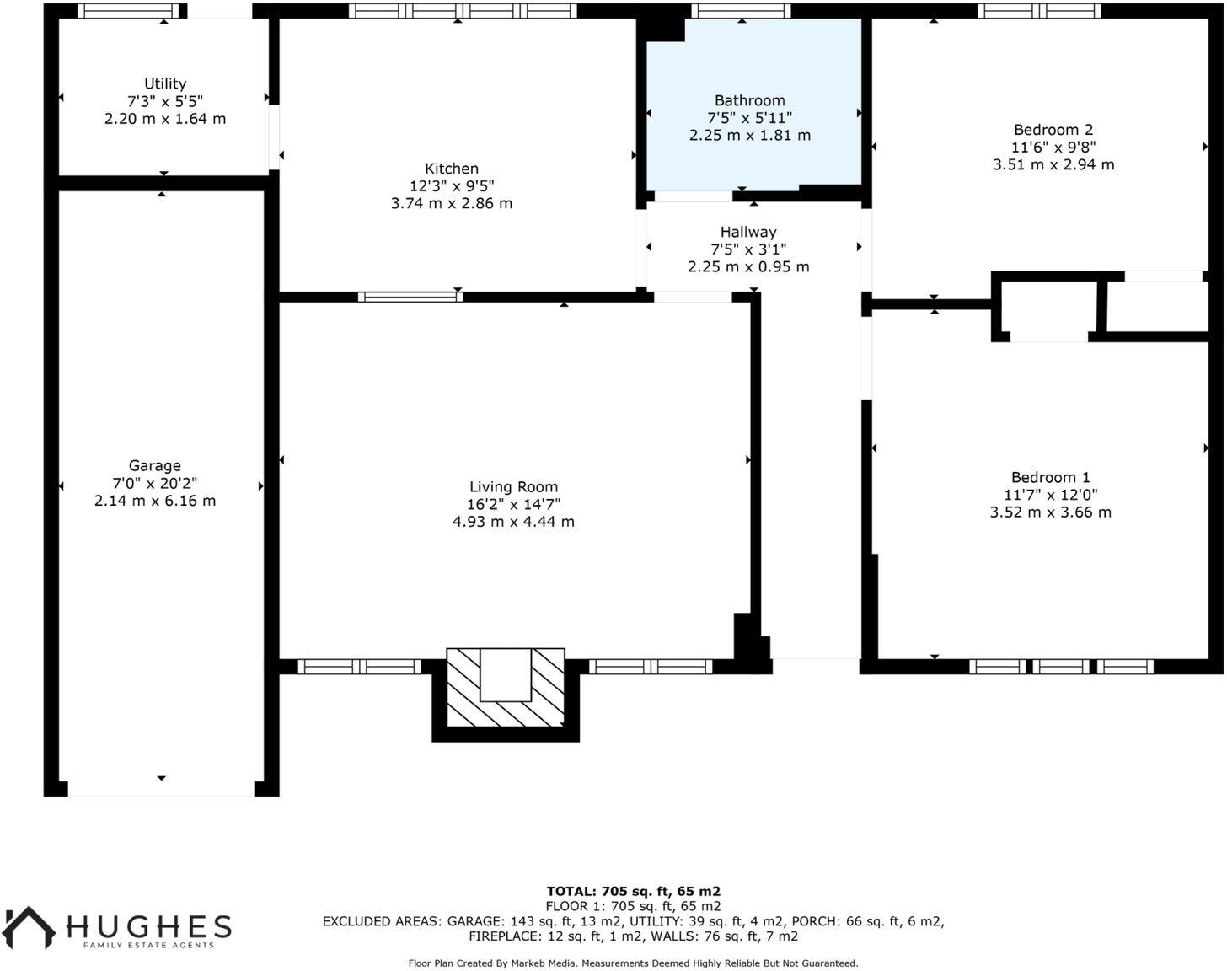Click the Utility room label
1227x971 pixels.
[x=165, y=83]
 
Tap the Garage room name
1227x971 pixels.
[x=155, y=465]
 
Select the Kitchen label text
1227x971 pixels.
[x=452, y=169]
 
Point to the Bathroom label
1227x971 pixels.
[x=749, y=100]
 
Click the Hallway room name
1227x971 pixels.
[x=748, y=232]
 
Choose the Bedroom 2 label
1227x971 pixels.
[x=1053, y=130]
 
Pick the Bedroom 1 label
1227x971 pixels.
[x=1051, y=478]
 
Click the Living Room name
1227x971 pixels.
[x=513, y=486]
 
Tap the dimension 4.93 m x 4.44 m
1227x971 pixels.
[x=513, y=522]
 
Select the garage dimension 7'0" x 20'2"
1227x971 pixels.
[x=155, y=483]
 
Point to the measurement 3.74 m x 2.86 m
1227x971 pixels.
[x=452, y=203]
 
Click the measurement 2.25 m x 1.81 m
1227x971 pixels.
[x=749, y=136]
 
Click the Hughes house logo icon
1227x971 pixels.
[x=29, y=927]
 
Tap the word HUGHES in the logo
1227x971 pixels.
[x=149, y=926]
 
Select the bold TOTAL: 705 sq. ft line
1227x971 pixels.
[x=633, y=891]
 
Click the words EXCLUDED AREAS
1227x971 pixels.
[x=381, y=921]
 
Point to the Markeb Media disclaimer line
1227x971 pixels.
[x=633, y=963]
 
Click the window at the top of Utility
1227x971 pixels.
[x=130, y=11]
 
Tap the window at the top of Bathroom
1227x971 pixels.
[x=741, y=11]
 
